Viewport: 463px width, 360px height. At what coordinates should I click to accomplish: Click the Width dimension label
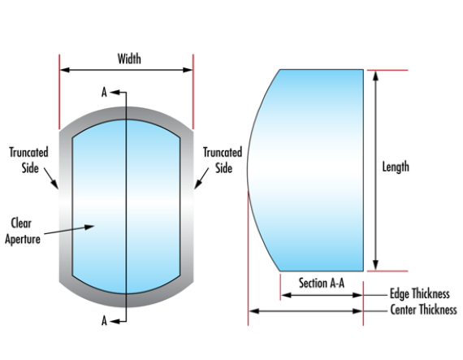point(129,59)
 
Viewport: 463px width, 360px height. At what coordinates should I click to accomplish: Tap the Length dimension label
point(396,167)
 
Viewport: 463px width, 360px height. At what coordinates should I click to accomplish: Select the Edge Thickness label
point(419,294)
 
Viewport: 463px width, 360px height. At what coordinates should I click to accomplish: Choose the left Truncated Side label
point(28,158)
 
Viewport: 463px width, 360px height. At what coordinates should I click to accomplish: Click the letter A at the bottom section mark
point(104,321)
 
